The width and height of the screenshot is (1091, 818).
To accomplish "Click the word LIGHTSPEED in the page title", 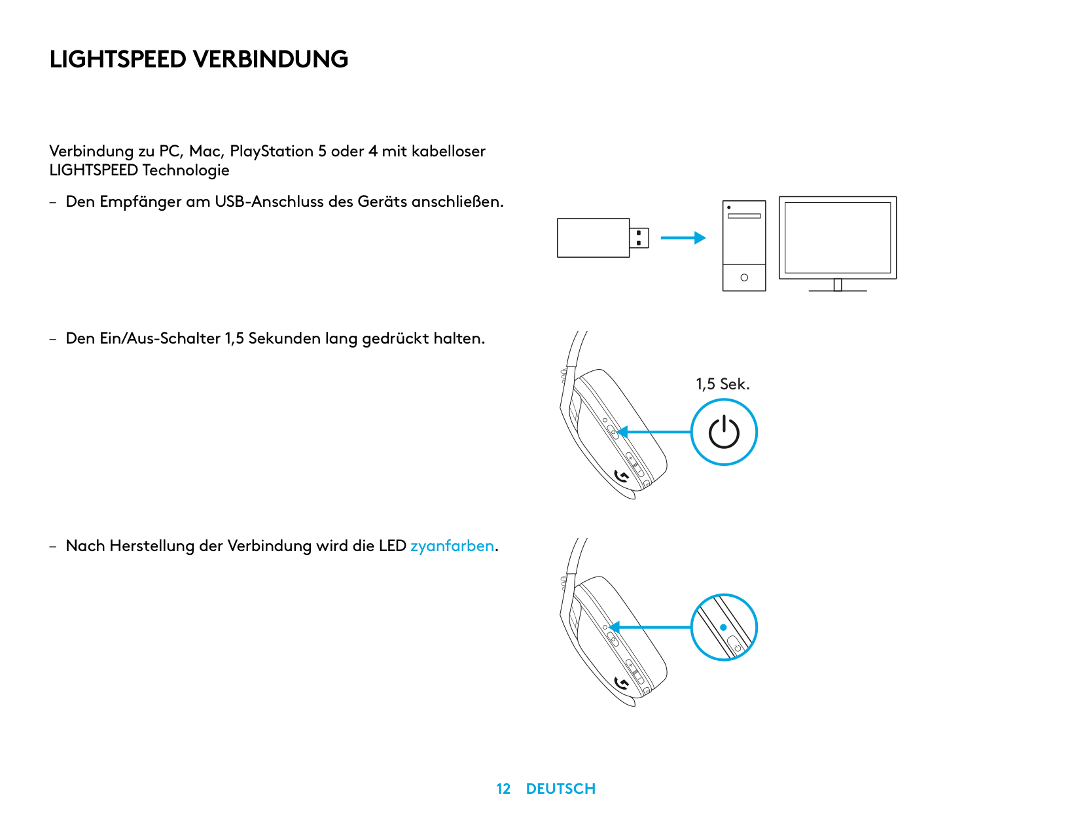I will coord(118,60).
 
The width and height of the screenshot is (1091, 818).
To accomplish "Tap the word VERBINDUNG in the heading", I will coord(270,60).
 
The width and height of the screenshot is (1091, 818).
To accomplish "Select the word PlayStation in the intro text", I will coord(272,151).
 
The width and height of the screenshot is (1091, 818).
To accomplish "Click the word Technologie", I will coord(186,170).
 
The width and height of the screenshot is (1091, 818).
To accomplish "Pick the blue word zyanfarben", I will coord(452,546).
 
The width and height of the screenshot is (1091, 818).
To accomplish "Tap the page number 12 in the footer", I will coord(503,789).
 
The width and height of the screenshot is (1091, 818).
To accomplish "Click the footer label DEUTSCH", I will coord(561,789).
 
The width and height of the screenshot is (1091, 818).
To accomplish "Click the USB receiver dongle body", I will coord(593,238).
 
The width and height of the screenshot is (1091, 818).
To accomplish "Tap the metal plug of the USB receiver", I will coord(639,238).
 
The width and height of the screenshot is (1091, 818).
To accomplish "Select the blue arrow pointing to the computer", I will coord(683,238).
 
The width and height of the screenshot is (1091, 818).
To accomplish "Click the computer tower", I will coord(744,245).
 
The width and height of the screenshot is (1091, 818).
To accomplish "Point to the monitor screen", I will coord(838,237).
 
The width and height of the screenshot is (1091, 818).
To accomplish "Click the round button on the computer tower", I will coord(744,277).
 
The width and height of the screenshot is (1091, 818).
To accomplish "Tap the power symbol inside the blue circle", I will coord(724,433).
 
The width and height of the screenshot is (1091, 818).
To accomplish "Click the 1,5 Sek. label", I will coord(723,384).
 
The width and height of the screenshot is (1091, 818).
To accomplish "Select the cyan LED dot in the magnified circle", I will coord(723,627).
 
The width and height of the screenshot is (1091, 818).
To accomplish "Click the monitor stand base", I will coord(838,289).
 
